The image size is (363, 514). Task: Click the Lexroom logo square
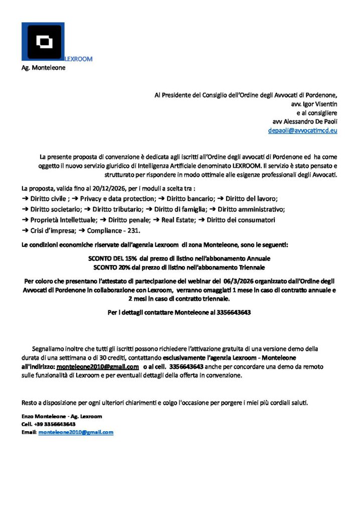pyautogui.click(x=43, y=42)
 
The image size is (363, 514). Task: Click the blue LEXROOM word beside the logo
pyautogui.click(x=79, y=59)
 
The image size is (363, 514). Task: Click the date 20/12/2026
pyautogui.click(x=108, y=188)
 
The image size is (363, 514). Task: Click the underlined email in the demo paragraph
pyautogui.click(x=98, y=366)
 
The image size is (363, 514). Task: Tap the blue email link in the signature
pyautogui.click(x=76, y=432)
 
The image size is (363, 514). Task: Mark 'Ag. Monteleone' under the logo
pyautogui.click(x=43, y=67)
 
